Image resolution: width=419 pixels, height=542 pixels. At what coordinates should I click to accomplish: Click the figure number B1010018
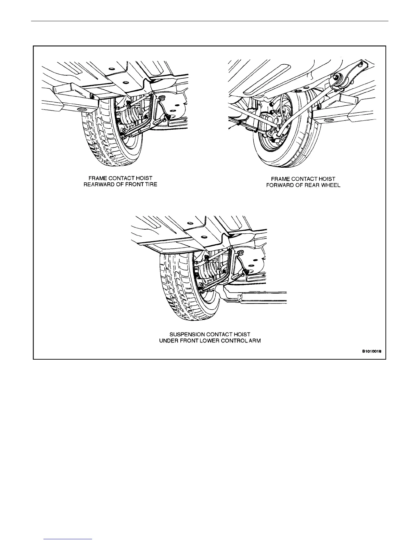tap(372, 351)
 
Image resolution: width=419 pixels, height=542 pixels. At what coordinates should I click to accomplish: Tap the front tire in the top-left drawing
tap(103, 137)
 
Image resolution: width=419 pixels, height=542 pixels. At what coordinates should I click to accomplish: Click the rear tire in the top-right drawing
tap(301, 144)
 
